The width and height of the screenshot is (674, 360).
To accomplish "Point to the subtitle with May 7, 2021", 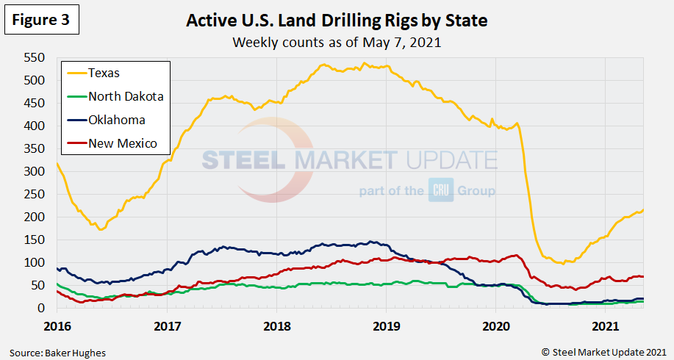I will (x=337, y=42).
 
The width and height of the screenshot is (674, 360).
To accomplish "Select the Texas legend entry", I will (x=104, y=72).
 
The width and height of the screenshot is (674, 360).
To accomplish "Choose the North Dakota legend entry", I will (x=125, y=96).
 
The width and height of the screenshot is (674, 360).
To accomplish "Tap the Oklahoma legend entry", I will (x=116, y=120).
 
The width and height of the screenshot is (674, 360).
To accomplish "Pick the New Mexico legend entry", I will (x=122, y=143).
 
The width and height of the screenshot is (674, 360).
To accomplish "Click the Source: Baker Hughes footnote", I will (x=57, y=353).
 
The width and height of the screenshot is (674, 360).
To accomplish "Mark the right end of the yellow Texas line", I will (x=644, y=210).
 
